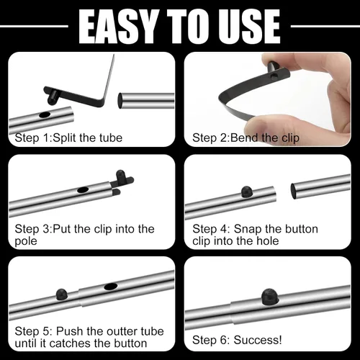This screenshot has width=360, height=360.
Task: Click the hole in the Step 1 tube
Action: [45, 115]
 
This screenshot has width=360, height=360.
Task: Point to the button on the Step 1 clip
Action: [52, 98]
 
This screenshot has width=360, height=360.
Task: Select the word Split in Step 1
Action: [64, 138]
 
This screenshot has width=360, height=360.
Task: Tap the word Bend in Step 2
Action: [244, 138]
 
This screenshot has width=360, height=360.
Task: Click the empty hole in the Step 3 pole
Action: [83, 190]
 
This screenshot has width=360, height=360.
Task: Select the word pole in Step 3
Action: [26, 241]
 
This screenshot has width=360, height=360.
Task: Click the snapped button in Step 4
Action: [247, 192]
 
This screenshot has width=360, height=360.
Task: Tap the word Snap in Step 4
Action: [248, 230]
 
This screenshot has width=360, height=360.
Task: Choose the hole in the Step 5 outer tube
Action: [111, 287]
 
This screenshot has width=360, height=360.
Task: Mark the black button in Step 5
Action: [62, 294]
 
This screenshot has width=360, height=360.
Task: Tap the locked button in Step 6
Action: [270, 296]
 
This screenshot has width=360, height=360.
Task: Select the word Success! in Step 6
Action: [258, 340]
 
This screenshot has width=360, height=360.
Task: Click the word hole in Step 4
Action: [267, 241]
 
